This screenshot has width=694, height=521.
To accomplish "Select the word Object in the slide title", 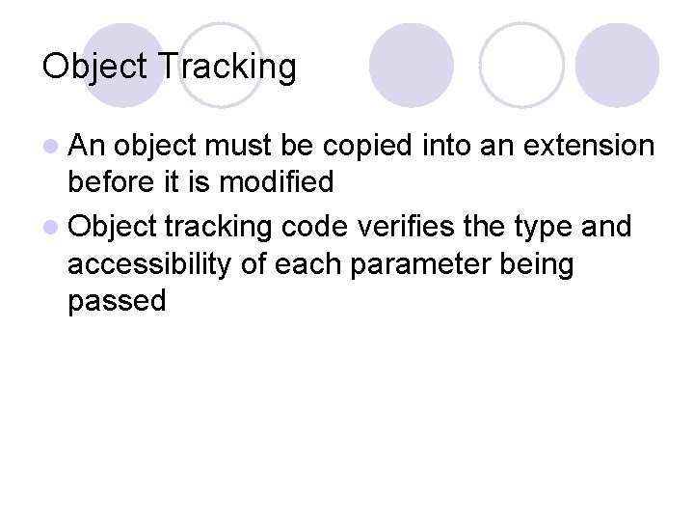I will coord(94,68).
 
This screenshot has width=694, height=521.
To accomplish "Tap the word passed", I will coord(117,300).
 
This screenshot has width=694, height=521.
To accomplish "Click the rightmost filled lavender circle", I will coord(617,65).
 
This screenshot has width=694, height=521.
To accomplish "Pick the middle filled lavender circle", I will coord(412,65).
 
